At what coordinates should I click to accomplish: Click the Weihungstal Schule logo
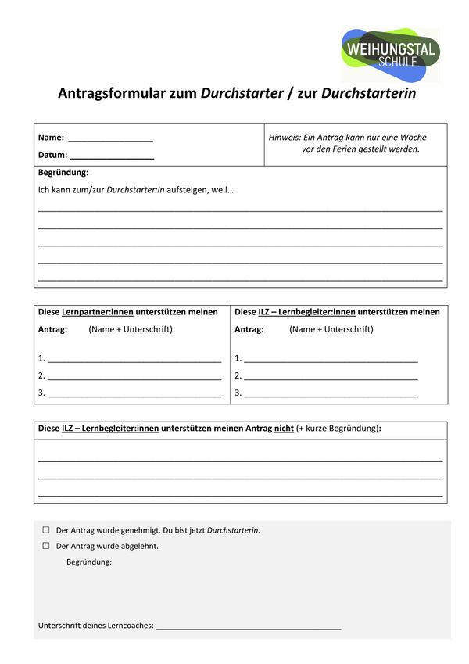coord(390,55)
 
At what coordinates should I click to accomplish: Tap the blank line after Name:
coord(110,138)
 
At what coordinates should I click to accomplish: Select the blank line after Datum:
coord(112,156)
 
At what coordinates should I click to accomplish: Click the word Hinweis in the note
coord(285,137)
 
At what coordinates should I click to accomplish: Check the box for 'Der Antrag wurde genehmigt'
coord(45,530)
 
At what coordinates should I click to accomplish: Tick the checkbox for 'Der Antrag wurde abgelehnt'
coord(45,546)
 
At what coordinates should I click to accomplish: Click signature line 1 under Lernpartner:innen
coord(134,360)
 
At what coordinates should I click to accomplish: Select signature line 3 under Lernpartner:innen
coord(134,394)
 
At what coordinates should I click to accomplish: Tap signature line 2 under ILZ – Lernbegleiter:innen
coord(331,377)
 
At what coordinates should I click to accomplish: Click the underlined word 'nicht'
coord(284,429)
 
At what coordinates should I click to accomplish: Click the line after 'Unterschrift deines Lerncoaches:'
coord(249,626)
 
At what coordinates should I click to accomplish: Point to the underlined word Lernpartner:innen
coord(98,312)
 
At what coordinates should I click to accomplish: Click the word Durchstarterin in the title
coord(368,93)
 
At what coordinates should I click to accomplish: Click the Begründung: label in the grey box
coord(89,562)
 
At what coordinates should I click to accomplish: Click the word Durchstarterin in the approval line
coord(233,530)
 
